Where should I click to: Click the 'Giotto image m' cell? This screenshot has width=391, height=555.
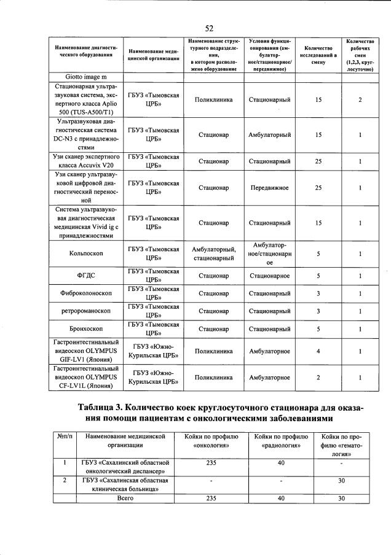coord(86,77)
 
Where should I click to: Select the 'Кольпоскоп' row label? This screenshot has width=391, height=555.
coord(86,254)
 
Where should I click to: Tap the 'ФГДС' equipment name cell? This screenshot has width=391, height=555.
coord(86,276)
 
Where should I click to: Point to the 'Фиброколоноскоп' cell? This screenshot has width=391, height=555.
coord(86,293)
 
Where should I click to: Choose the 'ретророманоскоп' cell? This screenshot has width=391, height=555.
coord(86,311)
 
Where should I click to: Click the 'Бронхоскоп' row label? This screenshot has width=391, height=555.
coord(86,328)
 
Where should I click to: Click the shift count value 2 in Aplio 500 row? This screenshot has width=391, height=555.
coord(360,99)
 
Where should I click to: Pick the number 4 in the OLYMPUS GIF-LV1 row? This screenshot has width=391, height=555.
coord(318,351)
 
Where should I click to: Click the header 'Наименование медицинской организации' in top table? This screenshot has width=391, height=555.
coord(154,55)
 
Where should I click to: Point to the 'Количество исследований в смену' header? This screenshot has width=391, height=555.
coord(318,55)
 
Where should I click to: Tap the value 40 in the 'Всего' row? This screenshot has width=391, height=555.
coord(280,498)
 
